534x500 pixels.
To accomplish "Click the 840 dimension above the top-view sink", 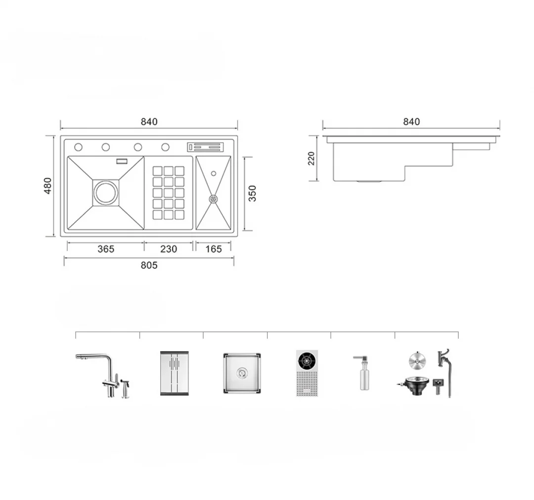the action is click(149, 122).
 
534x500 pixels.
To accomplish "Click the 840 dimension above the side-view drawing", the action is click(411, 122).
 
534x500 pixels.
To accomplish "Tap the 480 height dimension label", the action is click(47, 186).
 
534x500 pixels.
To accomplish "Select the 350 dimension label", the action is click(252, 193).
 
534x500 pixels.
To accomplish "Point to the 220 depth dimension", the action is click(311, 158).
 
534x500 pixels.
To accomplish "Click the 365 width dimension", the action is click(106, 249).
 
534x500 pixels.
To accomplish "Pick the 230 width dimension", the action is click(169, 249).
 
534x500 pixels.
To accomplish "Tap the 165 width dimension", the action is click(214, 249).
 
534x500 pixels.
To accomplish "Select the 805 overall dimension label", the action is click(149, 265).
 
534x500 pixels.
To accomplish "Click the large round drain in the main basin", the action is click(106, 193).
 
